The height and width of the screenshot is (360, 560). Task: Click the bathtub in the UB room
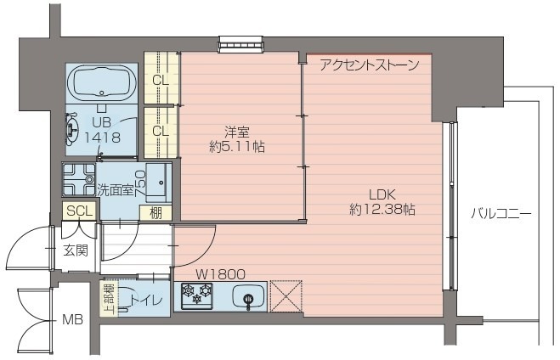point(101,84)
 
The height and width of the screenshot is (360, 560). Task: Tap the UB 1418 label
point(102,129)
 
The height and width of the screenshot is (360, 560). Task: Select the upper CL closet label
point(160,81)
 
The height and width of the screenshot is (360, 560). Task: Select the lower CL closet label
point(160,132)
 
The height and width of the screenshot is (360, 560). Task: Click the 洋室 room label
point(237,132)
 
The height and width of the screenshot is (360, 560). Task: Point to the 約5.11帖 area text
point(237,147)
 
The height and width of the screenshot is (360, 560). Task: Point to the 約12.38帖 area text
point(382,208)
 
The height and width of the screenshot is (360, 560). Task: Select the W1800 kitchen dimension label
point(220,274)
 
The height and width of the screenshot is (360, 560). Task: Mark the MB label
point(71,321)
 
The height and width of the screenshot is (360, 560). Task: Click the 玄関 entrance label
point(75,250)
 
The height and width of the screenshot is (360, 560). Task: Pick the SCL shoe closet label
point(76,211)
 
